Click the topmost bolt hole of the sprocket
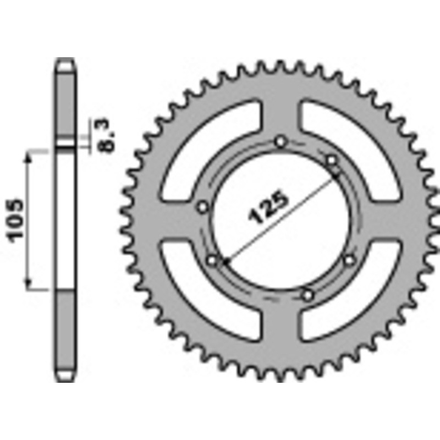(281, 142)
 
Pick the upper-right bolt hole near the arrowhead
(332, 160)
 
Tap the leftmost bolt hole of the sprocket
(202, 207)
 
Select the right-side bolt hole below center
(349, 260)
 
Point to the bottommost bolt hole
(308, 295)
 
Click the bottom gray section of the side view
(65, 335)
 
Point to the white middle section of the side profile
(65, 220)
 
